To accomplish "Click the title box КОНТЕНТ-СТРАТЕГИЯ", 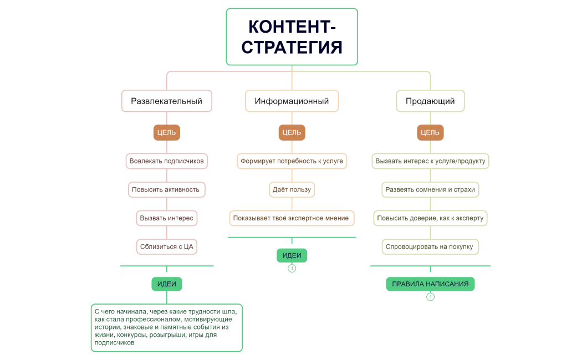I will [292, 37].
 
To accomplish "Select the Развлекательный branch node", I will [166, 101].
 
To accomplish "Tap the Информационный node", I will [292, 101].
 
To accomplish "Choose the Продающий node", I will [430, 101].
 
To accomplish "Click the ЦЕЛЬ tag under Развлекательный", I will [166, 132].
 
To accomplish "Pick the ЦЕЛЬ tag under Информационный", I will [292, 132].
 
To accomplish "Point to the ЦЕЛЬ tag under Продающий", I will [430, 132].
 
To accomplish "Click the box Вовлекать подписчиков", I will [166, 161].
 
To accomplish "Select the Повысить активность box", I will [166, 189].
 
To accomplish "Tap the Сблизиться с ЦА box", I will [166, 246].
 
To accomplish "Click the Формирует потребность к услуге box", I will [292, 161].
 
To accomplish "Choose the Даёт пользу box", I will [292, 189].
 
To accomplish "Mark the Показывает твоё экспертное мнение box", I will [292, 218].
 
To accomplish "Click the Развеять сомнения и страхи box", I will [430, 189].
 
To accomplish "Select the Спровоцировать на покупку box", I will [430, 246].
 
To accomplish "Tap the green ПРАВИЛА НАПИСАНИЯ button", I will [430, 284].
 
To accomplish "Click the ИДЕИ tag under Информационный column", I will [292, 255].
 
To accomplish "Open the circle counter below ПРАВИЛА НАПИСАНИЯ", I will [430, 297].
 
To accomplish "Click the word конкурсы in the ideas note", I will [129, 335].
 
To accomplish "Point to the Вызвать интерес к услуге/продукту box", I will [430, 161].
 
